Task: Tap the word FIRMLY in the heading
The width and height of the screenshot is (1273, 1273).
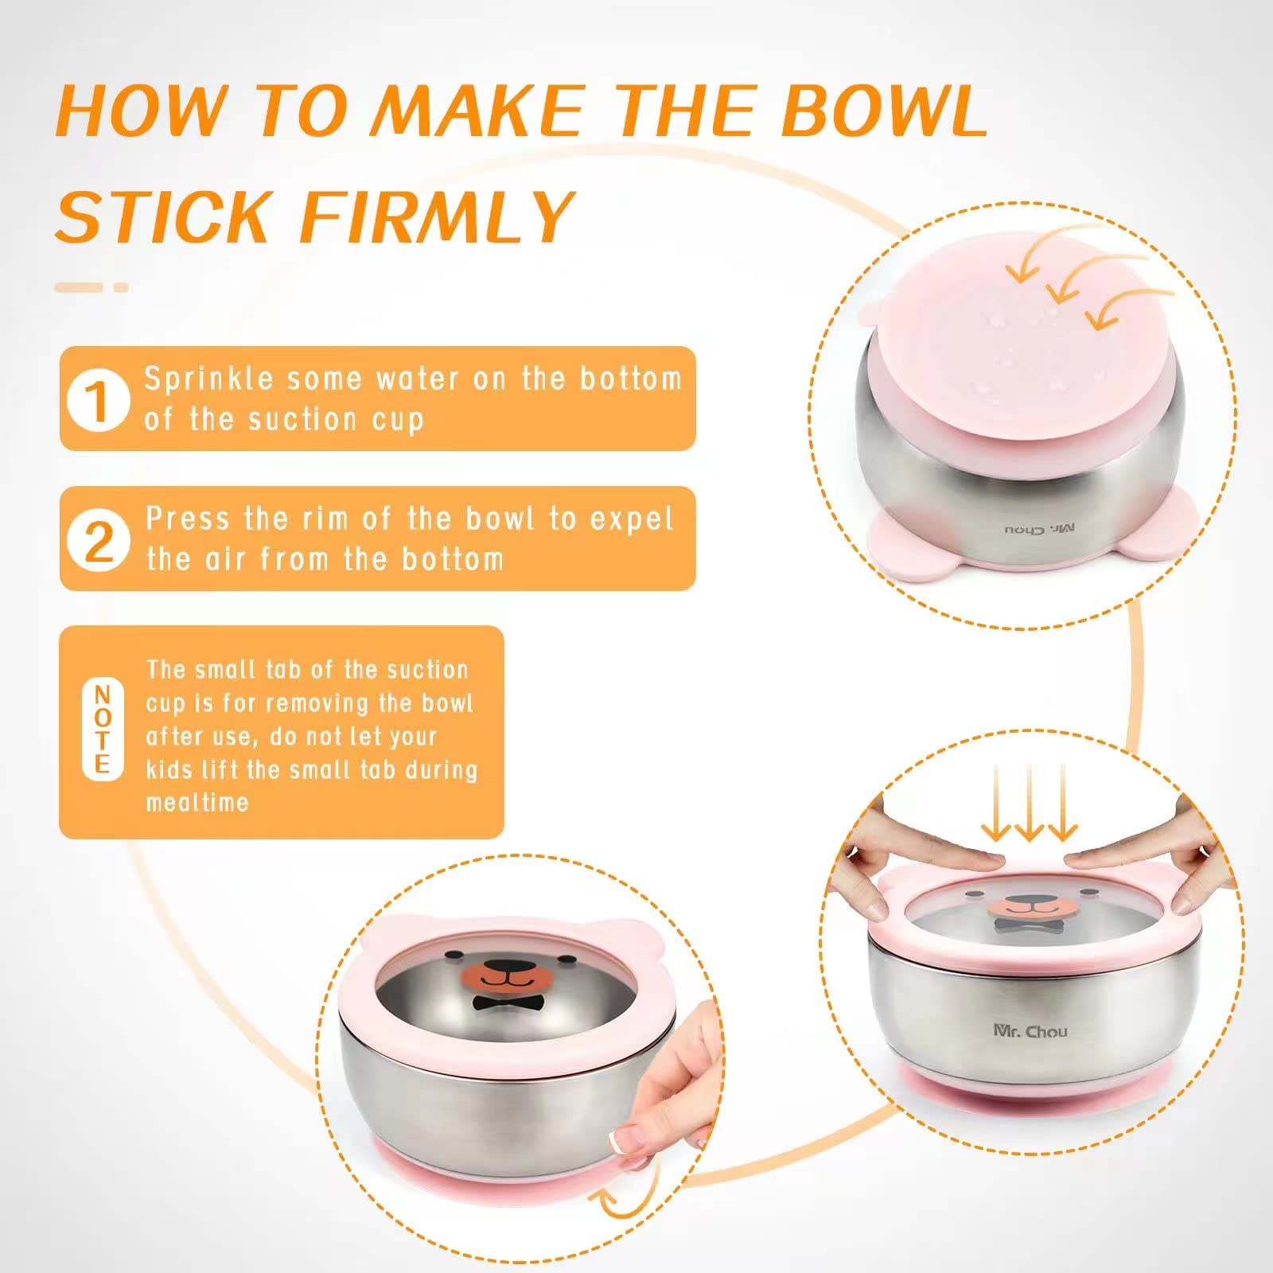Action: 437,216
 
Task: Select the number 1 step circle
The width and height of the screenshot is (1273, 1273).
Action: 99,400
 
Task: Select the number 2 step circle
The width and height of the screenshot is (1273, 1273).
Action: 99,540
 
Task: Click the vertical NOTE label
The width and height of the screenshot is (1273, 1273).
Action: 102,730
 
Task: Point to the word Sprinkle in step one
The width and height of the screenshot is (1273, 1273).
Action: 208,379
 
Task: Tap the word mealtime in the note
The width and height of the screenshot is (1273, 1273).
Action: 197,802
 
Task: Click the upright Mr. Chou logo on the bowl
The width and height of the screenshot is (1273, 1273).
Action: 1030,1031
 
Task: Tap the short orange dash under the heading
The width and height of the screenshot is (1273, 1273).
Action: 121,287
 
